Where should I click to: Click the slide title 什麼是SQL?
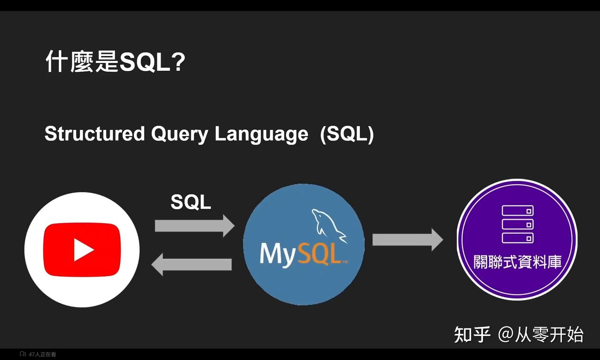pos(115,62)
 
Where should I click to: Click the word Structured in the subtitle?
pos(95,134)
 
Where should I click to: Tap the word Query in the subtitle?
pos(179,134)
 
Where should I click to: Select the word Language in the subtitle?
pos(261,134)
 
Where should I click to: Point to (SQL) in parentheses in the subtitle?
pos(347,134)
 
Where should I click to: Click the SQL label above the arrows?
pos(191,202)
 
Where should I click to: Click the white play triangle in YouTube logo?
pos(83,250)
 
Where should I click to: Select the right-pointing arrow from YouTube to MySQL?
pos(194,226)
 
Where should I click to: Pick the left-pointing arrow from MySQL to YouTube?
pos(192,265)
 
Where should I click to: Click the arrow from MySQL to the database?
pos(407,240)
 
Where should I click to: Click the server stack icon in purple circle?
pos(517,225)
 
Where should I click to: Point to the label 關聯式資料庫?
pos(517,262)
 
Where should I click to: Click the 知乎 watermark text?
pos(472,335)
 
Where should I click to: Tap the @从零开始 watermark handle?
pos(540,335)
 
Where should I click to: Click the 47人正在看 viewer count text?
pos(42,354)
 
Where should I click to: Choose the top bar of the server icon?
pos(517,211)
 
